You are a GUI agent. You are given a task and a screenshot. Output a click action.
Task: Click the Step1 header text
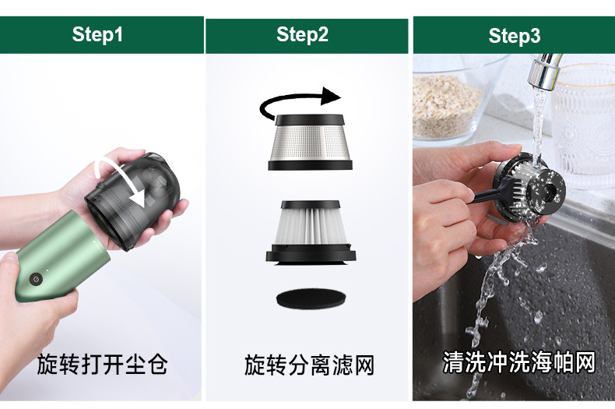[97, 34]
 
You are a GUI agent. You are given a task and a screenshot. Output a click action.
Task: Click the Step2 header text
[302, 34]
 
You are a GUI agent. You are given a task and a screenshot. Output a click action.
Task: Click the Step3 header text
[514, 36]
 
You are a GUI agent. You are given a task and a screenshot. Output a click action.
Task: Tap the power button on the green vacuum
[35, 279]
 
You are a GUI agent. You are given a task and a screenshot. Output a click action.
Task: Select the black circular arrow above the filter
[299, 104]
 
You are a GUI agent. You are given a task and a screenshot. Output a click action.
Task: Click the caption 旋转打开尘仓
[102, 364]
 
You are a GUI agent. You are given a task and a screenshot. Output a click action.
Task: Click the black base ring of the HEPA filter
[311, 255]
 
